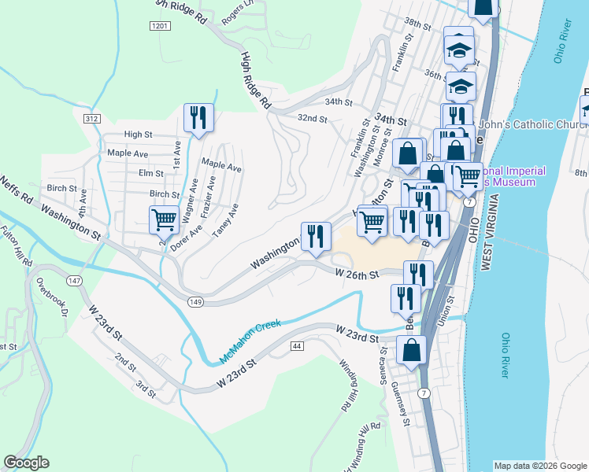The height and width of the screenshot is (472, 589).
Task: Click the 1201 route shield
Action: click(159, 26)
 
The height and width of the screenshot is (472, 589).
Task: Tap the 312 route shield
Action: click(92, 118)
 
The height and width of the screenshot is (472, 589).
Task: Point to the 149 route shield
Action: click(196, 301)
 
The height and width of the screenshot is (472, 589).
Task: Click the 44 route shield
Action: click(297, 346)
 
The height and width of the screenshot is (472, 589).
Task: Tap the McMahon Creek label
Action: click(250, 345)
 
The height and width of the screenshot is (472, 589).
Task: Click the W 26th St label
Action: click(357, 274)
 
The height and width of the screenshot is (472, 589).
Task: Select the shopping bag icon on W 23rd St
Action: click(411, 350)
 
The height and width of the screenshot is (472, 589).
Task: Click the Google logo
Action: click(26, 463)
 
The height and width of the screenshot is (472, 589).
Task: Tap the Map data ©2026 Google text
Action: click(539, 465)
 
